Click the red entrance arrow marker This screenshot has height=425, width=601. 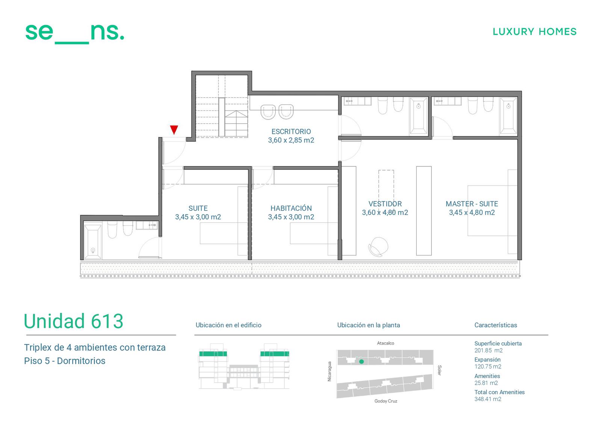[x=174, y=130]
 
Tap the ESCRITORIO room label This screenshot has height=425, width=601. [x=291, y=132]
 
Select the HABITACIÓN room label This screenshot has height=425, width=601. [x=291, y=208]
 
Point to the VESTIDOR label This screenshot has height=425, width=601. [x=385, y=204]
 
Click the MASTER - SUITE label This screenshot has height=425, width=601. [x=472, y=204]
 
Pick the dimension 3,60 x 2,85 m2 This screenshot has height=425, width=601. [x=291, y=141]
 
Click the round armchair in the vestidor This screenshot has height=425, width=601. [x=378, y=247]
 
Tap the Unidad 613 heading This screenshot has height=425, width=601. [x=74, y=321]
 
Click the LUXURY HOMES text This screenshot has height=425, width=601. [x=535, y=32]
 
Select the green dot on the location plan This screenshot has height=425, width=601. [x=361, y=361]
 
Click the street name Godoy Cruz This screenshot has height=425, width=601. [x=386, y=401]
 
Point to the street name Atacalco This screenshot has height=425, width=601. [x=385, y=343]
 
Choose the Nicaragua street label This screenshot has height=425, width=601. [x=329, y=371]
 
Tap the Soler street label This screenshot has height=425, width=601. [x=439, y=370]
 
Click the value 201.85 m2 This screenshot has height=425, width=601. [x=488, y=350]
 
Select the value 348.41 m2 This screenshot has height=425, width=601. [x=488, y=399]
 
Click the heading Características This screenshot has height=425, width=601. [x=495, y=325]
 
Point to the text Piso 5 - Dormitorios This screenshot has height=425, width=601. [x=65, y=361]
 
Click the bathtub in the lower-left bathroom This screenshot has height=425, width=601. [x=93, y=242]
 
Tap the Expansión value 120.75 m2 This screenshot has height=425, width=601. [x=488, y=366]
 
